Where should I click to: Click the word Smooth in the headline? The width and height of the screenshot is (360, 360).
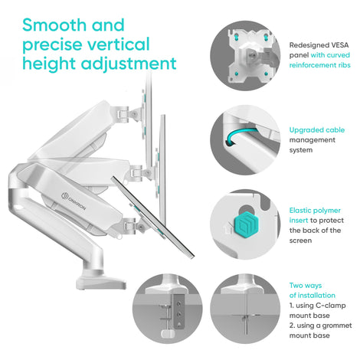coord(54,25)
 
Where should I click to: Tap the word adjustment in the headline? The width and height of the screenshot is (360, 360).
coord(129,64)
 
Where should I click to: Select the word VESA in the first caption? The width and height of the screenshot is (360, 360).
coord(340,45)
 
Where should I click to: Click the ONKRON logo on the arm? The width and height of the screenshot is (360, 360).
coord(74,201)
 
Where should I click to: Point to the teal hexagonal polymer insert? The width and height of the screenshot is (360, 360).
coord(247,225)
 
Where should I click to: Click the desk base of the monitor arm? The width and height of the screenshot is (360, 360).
coord(101,281)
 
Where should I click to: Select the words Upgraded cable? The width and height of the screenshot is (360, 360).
coord(317,130)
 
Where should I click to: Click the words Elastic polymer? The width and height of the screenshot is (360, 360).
coord(315,211)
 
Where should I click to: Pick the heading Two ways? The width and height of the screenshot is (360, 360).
coord(306,286)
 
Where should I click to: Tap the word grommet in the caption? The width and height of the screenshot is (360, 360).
coord(337,326)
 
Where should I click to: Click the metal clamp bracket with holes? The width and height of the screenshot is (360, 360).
coord(178,311)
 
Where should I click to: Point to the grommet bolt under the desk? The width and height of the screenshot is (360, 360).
coord(246,324)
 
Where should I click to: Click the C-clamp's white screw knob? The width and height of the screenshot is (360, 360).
coord(168,332)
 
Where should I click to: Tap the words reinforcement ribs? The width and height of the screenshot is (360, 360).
coord(319,65)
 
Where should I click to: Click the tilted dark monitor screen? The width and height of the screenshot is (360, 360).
coord(152,217)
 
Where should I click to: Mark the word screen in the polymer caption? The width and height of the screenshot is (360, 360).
coord(300,241)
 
